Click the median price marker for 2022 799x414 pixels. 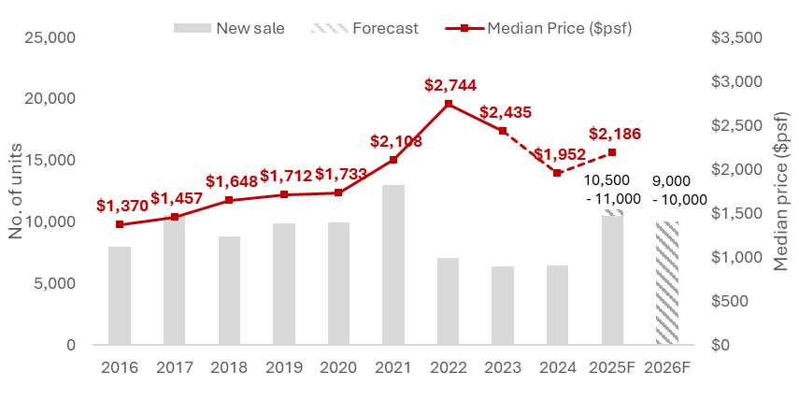pos(449,104)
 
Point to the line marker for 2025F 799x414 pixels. pos(613,152)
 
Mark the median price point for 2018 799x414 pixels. pos(229,200)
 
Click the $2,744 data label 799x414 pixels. pos(449,85)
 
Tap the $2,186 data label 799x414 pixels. pos(614,134)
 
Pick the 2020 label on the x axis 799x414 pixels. pos(338,367)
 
